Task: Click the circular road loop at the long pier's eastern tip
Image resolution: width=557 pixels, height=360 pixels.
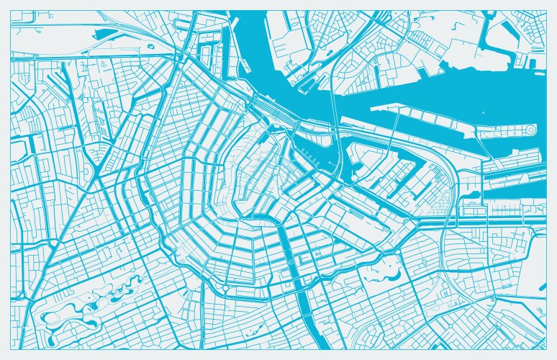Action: pyautogui.click(x=530, y=130)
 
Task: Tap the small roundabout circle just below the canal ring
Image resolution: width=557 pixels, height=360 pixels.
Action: pyautogui.click(x=225, y=288)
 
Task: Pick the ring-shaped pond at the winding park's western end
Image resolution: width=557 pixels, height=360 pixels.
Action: pyautogui.click(x=52, y=317)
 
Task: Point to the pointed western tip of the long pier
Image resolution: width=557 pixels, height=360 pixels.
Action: pyautogui.click(x=372, y=109)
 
